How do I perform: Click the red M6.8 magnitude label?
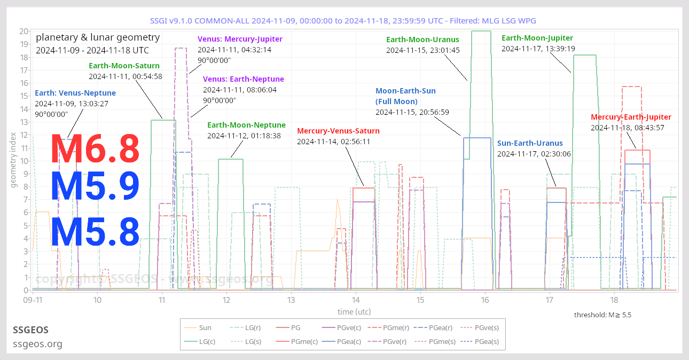pos(95,149)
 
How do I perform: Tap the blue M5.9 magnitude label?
pos(95,187)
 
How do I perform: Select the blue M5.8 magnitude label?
pos(95,232)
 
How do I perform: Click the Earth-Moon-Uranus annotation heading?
pos(422,40)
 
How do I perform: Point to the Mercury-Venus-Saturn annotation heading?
pos(338,131)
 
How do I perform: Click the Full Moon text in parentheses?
pos(396,101)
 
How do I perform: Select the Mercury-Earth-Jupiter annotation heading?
pos(631,117)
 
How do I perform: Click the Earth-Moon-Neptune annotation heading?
pos(246,125)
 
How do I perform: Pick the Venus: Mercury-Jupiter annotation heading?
pos(240,39)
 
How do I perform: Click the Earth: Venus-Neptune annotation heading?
pos(75,93)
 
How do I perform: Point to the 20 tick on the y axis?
pos(24,31)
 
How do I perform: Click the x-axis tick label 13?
pos(291,300)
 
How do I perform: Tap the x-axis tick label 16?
pos(485,300)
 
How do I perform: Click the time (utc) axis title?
pos(354,311)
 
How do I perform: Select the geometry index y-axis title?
pos(14,160)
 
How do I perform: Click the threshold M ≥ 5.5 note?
pos(602,315)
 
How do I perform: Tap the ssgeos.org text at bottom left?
pos(37,344)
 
